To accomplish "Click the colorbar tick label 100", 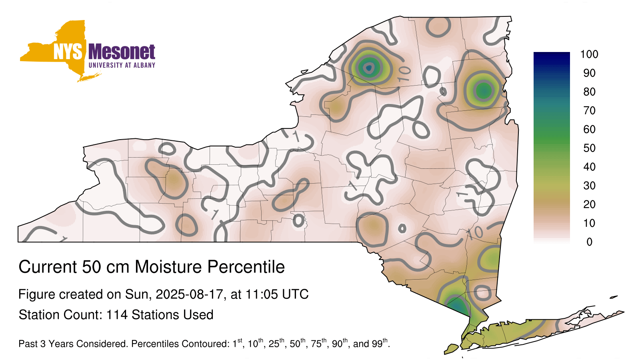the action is coord(589,54).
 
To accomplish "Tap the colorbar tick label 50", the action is coord(589,148).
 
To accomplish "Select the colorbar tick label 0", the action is coord(589,242).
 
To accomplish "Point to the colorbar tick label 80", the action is coord(589,92).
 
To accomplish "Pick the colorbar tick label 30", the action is coord(589,186).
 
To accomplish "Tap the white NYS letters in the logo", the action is coord(68,52).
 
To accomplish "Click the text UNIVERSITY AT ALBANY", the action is coord(122,65).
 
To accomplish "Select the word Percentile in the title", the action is coord(246,267).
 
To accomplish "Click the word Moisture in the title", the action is coord(168,267).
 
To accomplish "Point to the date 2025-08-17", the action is coord(189,294).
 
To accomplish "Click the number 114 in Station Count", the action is coord(117,315).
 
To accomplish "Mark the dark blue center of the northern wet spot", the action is coord(369,68).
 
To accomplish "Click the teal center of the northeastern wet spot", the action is coord(484,91).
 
